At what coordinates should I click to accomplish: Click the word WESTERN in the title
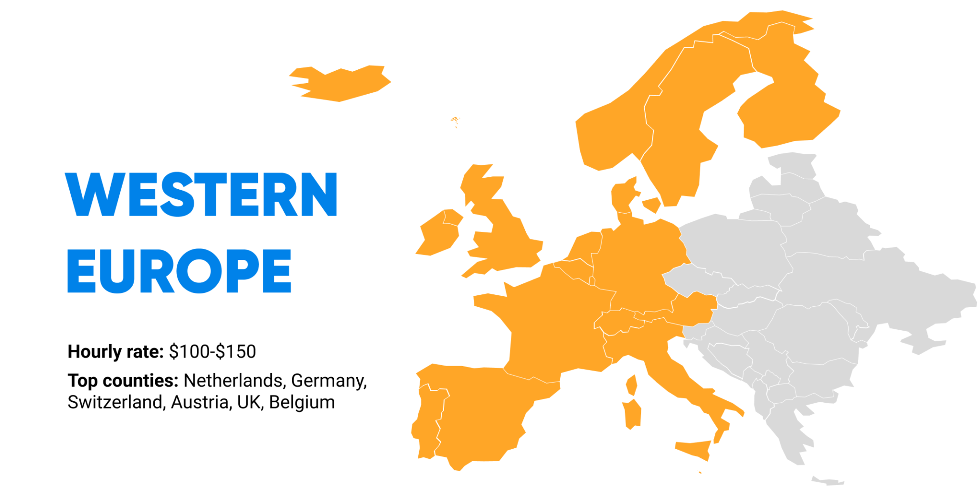pos(201,194)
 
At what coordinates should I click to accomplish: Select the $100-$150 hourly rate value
pos(213,352)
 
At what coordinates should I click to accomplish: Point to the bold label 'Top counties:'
pos(123,380)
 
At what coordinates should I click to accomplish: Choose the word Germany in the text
pos(329,380)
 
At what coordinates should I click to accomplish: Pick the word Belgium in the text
pos(302,402)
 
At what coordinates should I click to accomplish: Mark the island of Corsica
pos(632,385)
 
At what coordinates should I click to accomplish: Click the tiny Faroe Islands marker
pos(455,119)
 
